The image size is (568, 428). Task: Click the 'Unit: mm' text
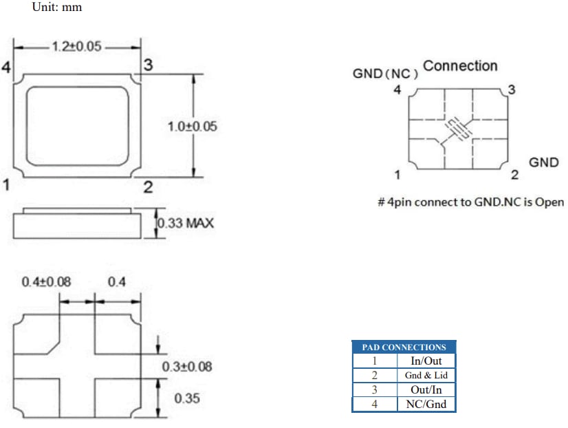click(x=57, y=8)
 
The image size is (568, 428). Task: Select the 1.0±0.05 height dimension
click(x=192, y=127)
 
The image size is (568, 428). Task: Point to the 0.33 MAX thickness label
click(x=186, y=224)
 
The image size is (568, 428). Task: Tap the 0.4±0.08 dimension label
click(x=46, y=282)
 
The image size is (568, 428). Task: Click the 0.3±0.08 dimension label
click(x=187, y=367)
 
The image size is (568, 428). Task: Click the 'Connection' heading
click(x=460, y=66)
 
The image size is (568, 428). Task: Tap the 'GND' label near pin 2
click(x=543, y=163)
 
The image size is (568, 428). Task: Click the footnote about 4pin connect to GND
click(x=470, y=202)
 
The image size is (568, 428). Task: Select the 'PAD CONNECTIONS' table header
click(x=404, y=347)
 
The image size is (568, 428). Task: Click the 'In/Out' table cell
click(x=426, y=361)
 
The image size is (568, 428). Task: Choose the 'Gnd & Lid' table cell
click(x=426, y=376)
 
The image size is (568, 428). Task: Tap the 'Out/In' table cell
click(x=426, y=389)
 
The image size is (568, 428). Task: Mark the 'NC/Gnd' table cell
click(x=426, y=404)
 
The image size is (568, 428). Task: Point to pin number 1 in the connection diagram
click(x=397, y=174)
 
